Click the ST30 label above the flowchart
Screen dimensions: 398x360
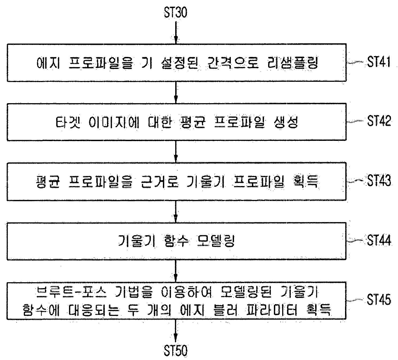pos(175,12)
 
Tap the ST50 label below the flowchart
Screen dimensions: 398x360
pos(175,350)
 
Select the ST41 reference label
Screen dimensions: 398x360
pos(379,62)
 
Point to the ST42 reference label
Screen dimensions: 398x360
pos(379,121)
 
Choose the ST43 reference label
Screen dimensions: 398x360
pos(379,180)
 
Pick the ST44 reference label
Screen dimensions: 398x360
pos(379,240)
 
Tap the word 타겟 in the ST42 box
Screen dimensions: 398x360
pos(68,122)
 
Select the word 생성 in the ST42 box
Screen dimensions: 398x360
pos(286,122)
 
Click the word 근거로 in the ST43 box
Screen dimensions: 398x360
pos(160,181)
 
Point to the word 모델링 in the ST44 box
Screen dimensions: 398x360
pos(216,241)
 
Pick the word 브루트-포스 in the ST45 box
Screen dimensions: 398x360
pos(72,292)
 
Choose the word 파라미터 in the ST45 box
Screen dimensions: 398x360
pos(271,310)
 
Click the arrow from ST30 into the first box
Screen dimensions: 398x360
pos(176,33)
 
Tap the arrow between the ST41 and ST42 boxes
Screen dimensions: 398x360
pos(176,92)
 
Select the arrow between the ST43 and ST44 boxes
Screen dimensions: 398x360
pos(176,211)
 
